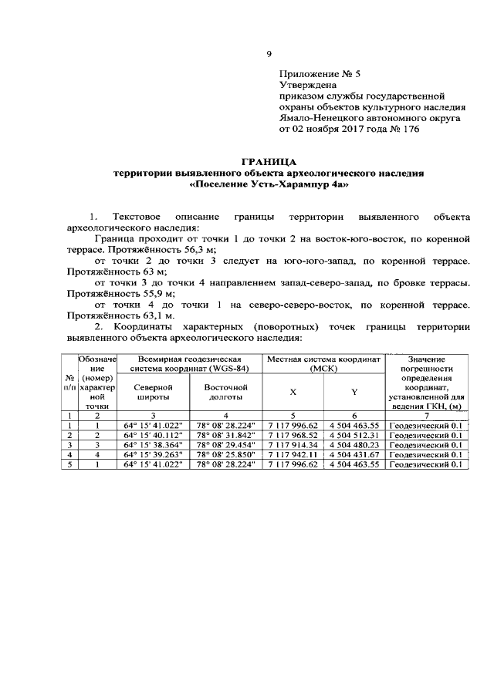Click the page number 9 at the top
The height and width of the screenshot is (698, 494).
pyautogui.click(x=269, y=53)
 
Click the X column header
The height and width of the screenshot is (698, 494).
pyautogui.click(x=293, y=392)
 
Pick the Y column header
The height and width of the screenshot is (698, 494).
pyautogui.click(x=354, y=392)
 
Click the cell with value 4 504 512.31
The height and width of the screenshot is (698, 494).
pyautogui.click(x=354, y=435)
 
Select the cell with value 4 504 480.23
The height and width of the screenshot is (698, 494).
pyautogui.click(x=354, y=445)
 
